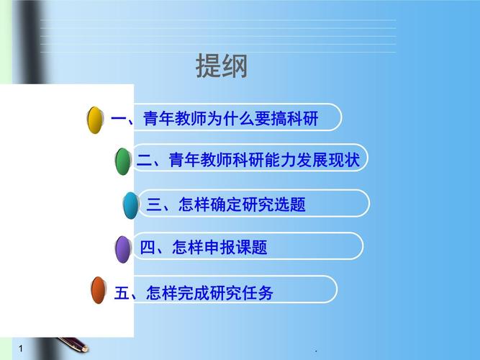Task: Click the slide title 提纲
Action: pyautogui.click(x=222, y=66)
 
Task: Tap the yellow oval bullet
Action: pyautogui.click(x=94, y=120)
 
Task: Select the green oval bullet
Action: pyautogui.click(x=123, y=161)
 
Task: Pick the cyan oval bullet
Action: pyautogui.click(x=130, y=205)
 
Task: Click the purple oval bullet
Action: pyautogui.click(x=123, y=248)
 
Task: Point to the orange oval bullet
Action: pyautogui.click(x=98, y=290)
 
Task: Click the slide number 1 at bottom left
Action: pyautogui.click(x=21, y=348)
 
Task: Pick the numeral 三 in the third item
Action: pyautogui.click(x=154, y=205)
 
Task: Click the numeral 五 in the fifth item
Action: pyautogui.click(x=122, y=293)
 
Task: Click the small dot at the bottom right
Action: pyautogui.click(x=316, y=351)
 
